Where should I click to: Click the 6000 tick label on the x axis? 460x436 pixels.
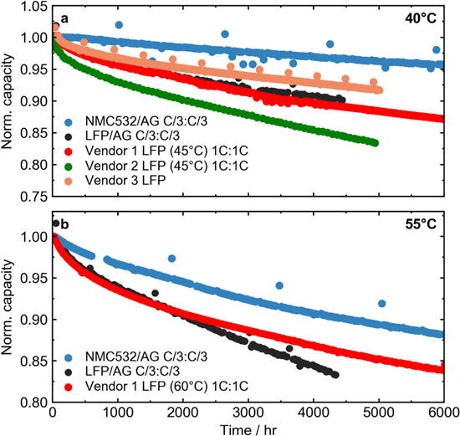442,412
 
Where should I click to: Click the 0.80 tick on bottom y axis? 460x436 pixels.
32,403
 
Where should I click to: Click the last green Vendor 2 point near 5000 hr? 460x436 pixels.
375,142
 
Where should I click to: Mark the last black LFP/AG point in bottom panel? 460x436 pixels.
335,374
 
